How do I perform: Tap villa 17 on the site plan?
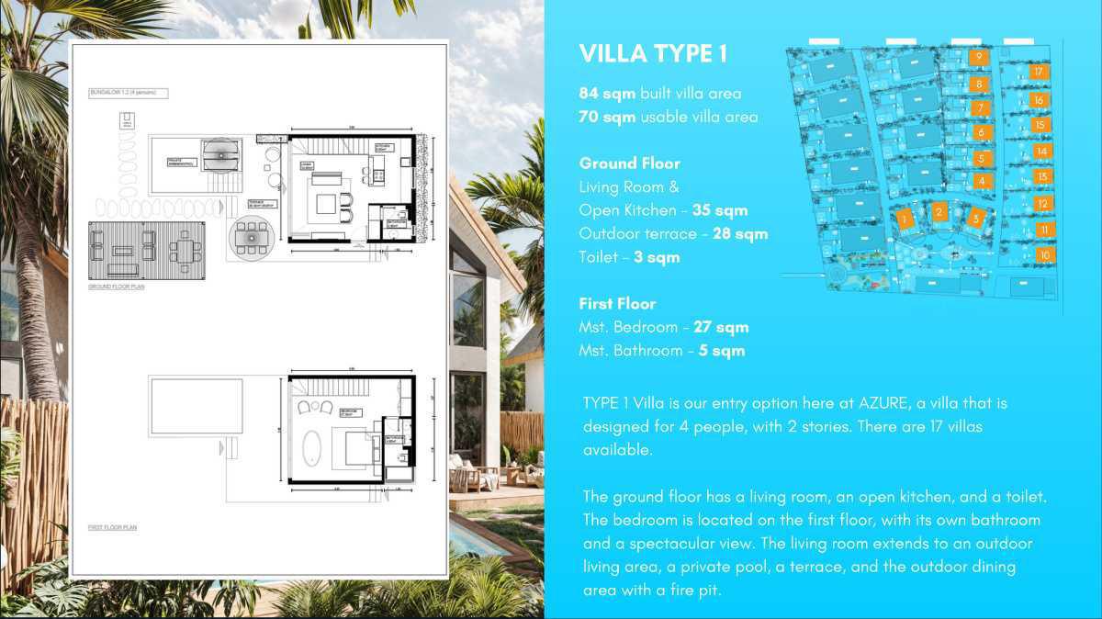pos(1038,72)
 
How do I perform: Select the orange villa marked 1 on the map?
pos(905,219)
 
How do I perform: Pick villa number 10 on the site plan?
pos(1044,255)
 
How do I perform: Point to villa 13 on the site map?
pos(1041,176)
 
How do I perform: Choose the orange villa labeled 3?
pos(975,219)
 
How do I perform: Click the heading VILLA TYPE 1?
pos(653,54)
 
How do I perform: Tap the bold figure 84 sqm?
pos(607,94)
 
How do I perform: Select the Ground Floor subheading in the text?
pos(629,163)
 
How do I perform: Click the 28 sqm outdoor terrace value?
pos(740,234)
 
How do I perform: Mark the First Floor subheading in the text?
pos(617,304)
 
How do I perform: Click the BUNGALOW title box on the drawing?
pos(129,93)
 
